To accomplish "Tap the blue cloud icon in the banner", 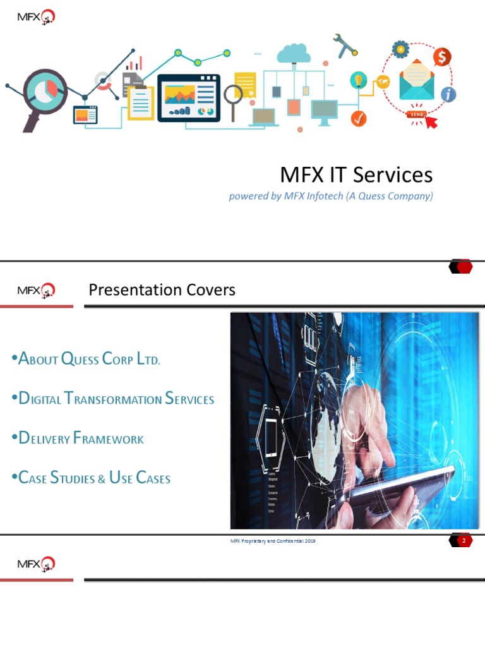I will (294, 53).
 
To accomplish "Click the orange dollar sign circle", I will (442, 57).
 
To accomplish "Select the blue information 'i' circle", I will (448, 95).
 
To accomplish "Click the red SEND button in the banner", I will (417, 114).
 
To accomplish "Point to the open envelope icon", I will (416, 83).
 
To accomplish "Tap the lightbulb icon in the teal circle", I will (359, 80).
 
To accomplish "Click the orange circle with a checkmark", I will (359, 118).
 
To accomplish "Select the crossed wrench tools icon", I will (345, 45).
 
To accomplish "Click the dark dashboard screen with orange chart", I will (189, 97).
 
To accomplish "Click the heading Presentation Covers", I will (162, 290).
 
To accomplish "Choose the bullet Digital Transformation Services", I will (113, 399).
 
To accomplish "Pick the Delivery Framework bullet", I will (78, 438).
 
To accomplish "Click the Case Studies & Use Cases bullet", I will (92, 478).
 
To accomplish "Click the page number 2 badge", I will (463, 541).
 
